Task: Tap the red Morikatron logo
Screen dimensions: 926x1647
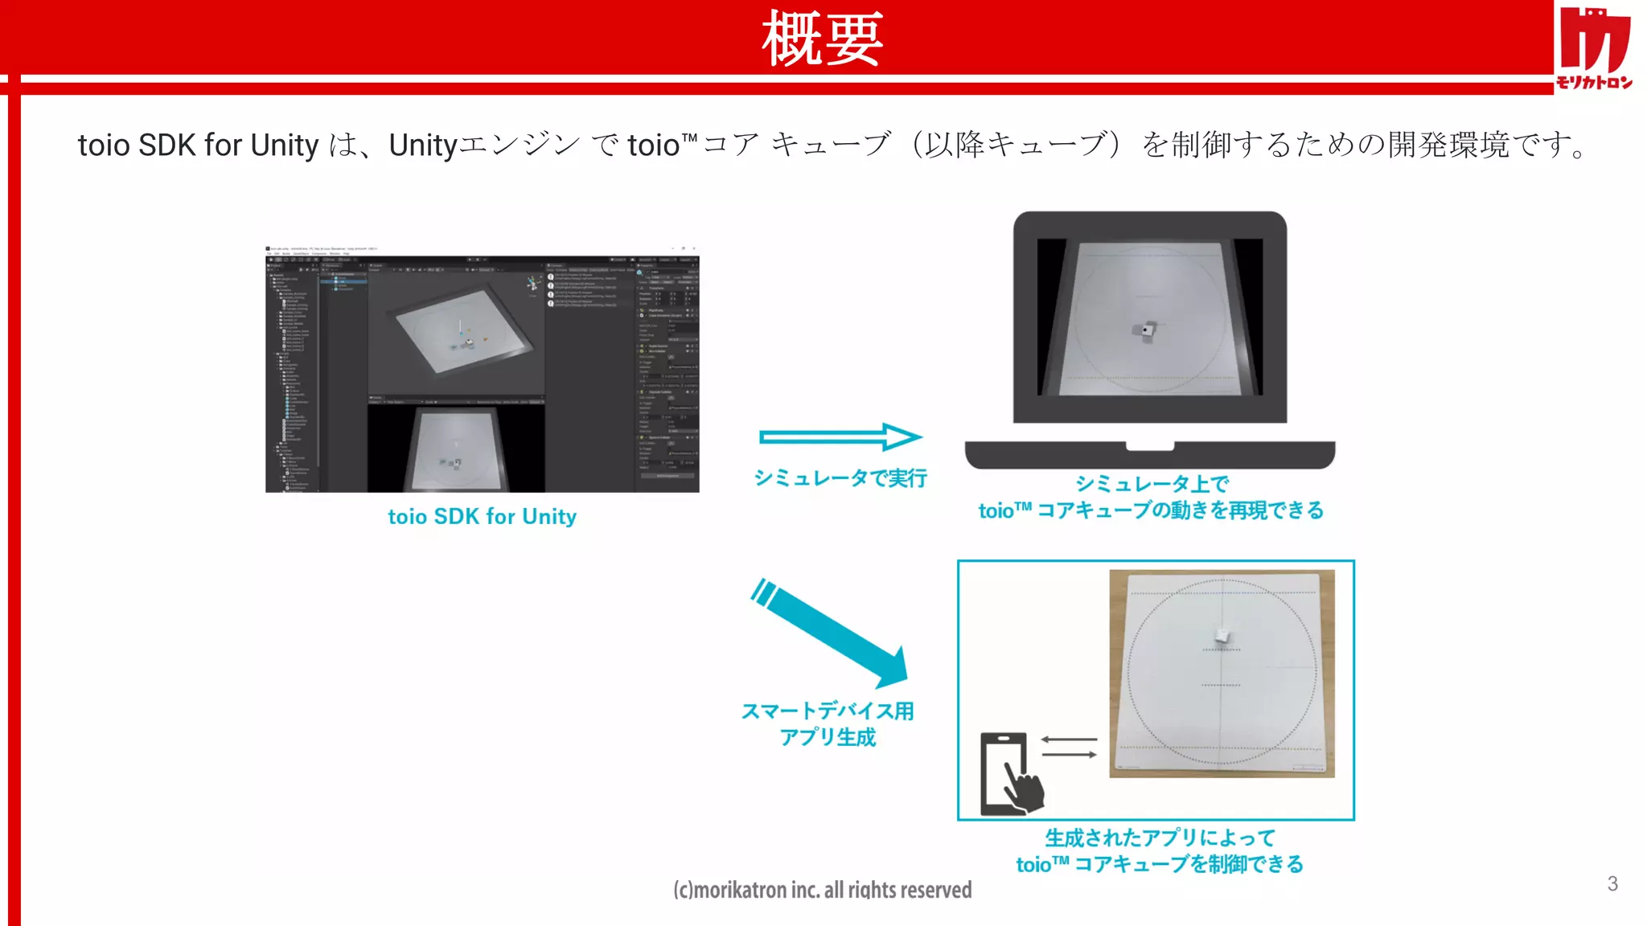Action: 1594,47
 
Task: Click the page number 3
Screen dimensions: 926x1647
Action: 1612,883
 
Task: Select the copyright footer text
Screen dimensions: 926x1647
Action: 822,889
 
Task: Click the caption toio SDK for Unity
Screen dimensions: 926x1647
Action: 482,516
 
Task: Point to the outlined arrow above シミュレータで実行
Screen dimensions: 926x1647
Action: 840,436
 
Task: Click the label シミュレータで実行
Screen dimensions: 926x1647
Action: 840,478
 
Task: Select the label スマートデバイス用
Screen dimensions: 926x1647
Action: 828,711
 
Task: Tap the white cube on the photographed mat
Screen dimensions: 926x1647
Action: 1222,636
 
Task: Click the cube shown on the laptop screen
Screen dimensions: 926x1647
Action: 1146,330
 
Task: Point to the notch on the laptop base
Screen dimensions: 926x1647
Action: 1150,446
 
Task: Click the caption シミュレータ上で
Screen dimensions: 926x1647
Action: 1152,483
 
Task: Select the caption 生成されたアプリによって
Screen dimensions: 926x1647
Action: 1160,838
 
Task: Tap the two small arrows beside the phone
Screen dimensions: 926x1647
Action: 1069,747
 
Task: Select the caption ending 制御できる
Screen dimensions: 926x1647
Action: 1160,864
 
